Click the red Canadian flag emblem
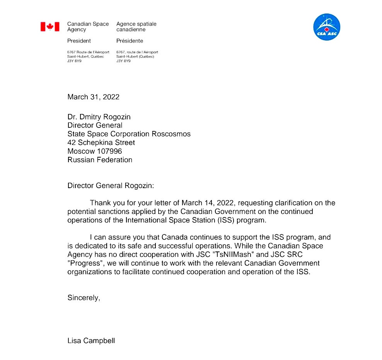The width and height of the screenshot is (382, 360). click(x=50, y=27)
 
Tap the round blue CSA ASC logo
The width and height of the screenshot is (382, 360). click(x=326, y=27)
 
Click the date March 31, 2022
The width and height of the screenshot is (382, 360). click(x=93, y=97)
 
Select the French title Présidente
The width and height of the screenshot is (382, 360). click(x=130, y=41)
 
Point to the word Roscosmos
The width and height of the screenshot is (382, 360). click(x=171, y=134)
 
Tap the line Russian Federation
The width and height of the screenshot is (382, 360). click(x=100, y=160)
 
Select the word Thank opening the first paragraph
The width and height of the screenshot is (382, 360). click(x=99, y=203)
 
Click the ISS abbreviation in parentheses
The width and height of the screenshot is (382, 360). click(x=223, y=220)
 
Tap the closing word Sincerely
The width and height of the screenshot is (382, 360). click(x=84, y=298)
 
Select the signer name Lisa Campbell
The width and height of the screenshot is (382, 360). click(x=91, y=341)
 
